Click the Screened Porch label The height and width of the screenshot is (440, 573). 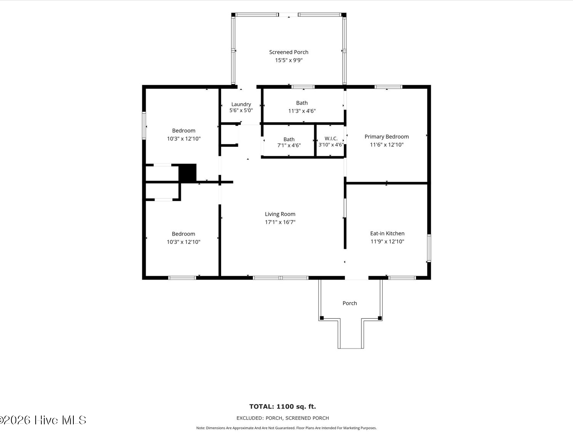[288, 52]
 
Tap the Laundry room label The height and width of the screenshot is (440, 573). [241, 104]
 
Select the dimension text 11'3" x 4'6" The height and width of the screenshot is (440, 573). [302, 111]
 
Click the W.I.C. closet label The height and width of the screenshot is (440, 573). [331, 138]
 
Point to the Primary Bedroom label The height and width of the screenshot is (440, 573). [387, 137]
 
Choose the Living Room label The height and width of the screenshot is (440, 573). [280, 214]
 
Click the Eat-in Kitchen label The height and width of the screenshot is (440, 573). [387, 233]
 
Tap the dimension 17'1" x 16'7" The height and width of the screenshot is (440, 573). [280, 222]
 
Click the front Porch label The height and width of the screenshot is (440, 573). [350, 303]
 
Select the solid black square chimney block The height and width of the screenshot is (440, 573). [188, 173]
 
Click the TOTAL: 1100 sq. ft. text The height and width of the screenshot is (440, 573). [283, 406]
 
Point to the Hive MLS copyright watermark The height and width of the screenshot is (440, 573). [43, 420]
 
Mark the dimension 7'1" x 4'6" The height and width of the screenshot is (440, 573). [289, 145]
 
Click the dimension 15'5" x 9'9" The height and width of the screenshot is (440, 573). [289, 60]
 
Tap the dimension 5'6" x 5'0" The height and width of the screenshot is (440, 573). [241, 110]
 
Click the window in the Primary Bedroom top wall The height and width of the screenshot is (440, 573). [388, 87]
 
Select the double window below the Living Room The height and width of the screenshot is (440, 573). [280, 278]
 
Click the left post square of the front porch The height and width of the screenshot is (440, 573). [322, 318]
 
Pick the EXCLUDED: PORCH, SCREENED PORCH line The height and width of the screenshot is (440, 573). [283, 418]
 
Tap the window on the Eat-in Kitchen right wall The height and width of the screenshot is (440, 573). [429, 248]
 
